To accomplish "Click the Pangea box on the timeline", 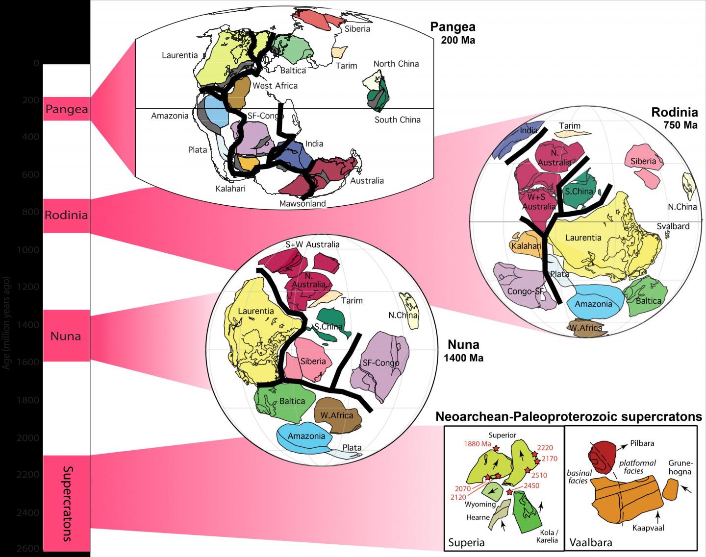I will click(x=66, y=109).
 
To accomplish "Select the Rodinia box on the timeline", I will click(x=66, y=215).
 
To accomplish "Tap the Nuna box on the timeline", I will click(x=66, y=336).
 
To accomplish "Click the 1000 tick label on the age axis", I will click(x=30, y=249).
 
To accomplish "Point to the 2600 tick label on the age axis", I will click(x=30, y=549).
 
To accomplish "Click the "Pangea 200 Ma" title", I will click(x=453, y=33).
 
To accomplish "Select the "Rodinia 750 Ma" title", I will click(x=674, y=118).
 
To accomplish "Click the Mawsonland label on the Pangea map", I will click(x=303, y=204).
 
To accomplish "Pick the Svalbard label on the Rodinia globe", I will click(x=673, y=226).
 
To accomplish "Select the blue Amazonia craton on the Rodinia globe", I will click(x=594, y=301).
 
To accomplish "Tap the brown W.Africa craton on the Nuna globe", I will click(x=338, y=414).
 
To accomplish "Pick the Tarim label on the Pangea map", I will click(x=347, y=66).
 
